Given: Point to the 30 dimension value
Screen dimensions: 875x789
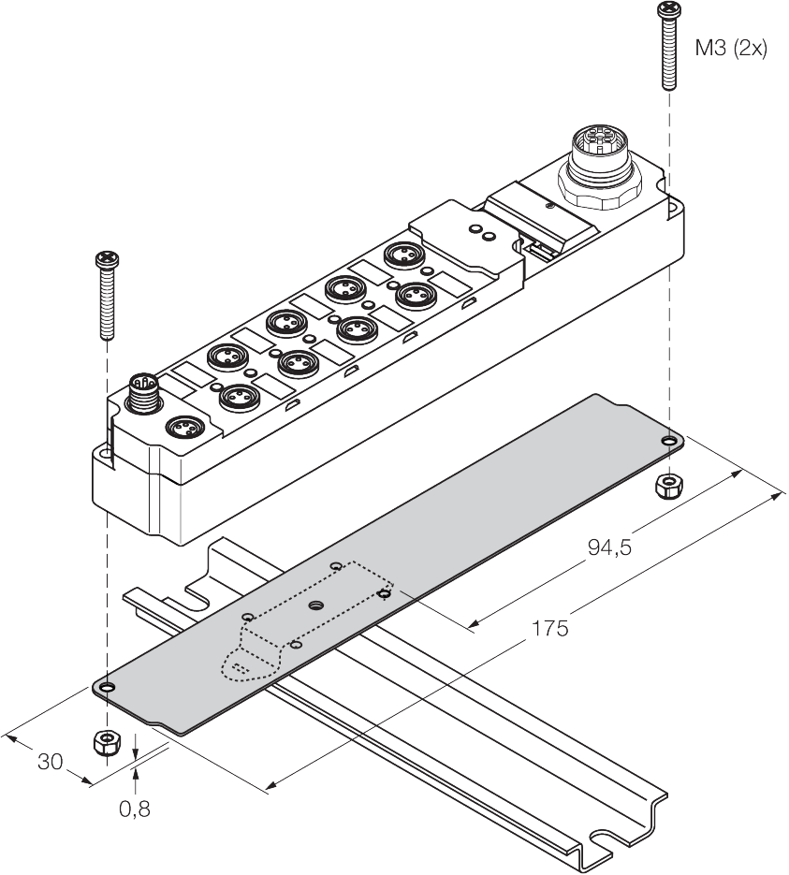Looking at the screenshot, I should tap(51, 762).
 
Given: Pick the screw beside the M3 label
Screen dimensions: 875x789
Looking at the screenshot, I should tap(668, 47).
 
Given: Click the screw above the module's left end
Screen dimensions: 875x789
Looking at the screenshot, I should tap(107, 294).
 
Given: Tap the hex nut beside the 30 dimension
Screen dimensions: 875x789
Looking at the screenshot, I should tap(107, 744).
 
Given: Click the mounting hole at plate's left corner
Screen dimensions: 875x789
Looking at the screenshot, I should tap(108, 689).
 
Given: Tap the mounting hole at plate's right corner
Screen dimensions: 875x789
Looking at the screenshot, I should tap(668, 441).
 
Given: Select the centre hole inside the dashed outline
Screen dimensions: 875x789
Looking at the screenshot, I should tap(315, 605).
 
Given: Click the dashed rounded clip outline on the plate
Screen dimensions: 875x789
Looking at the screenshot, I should tap(248, 660).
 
